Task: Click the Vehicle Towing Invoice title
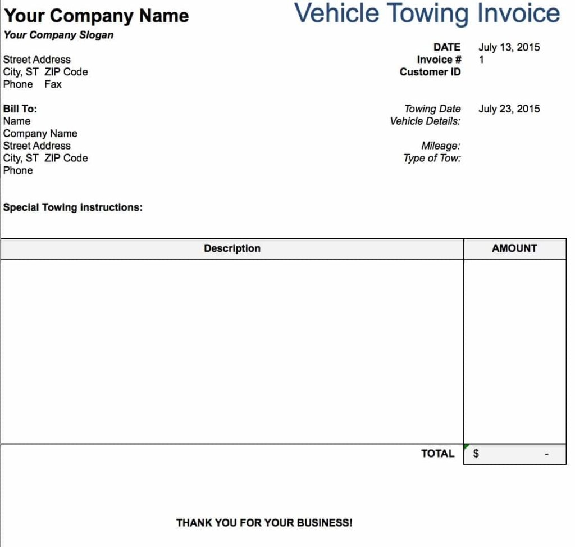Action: click(427, 13)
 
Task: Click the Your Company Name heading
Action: click(96, 16)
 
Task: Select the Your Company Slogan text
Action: click(58, 35)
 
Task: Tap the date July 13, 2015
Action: click(509, 47)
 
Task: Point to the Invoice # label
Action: click(439, 60)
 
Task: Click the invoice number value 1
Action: click(481, 60)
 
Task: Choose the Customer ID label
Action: click(430, 72)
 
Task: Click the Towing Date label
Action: click(432, 109)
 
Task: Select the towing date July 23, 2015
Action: click(509, 109)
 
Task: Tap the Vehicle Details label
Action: click(425, 121)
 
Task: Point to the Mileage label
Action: click(441, 146)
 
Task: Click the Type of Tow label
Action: click(432, 159)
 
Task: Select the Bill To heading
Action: click(20, 109)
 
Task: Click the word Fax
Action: click(53, 84)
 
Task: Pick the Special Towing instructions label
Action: click(73, 207)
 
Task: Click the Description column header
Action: click(232, 248)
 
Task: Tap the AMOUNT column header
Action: click(514, 248)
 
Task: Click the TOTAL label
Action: click(437, 454)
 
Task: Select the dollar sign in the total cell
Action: click(476, 454)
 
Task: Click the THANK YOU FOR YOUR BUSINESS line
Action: click(264, 523)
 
